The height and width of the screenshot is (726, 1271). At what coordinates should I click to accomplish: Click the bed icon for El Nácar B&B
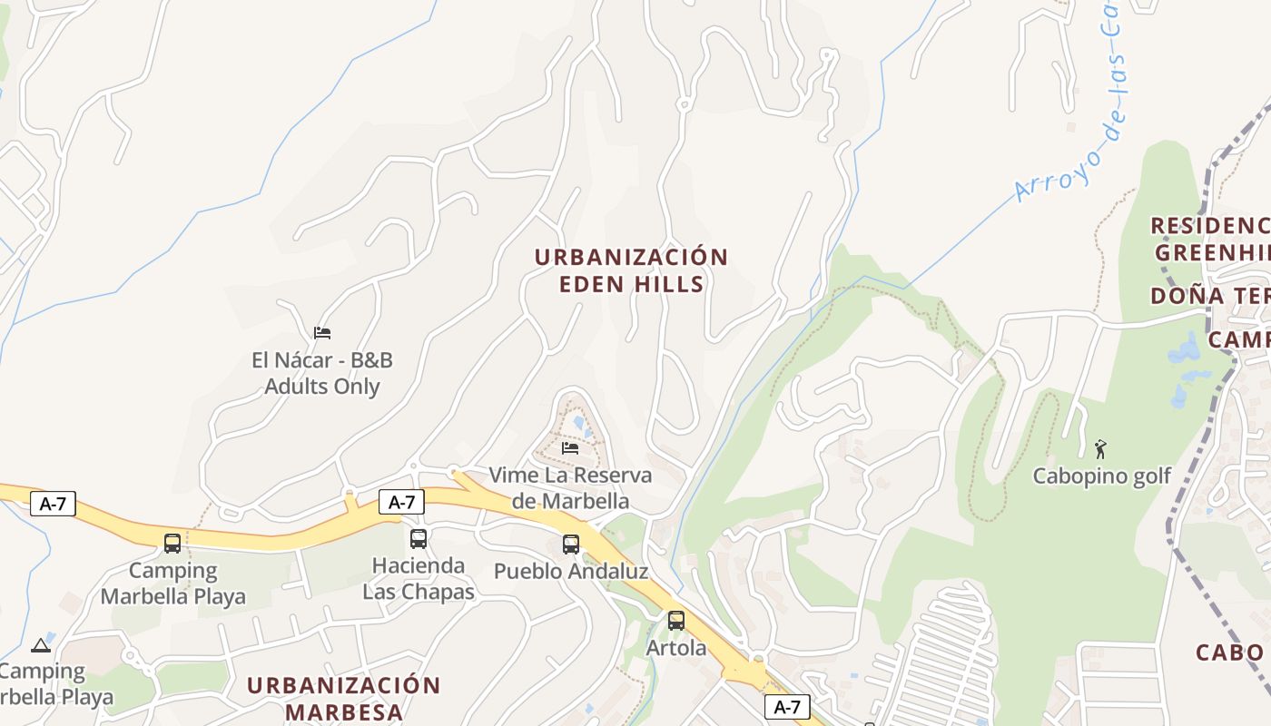322,333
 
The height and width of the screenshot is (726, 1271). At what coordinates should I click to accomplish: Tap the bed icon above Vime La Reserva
570,447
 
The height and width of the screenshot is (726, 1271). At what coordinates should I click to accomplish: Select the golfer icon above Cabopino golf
1101,448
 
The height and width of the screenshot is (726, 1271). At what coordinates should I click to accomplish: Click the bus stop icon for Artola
676,621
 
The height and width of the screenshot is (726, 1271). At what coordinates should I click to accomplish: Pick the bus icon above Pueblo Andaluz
571,544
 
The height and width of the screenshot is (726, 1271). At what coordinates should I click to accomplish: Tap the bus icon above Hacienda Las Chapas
419,539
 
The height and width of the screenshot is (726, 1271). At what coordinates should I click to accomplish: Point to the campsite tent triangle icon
40,645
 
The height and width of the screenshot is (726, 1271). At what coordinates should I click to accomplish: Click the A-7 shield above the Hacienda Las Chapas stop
401,502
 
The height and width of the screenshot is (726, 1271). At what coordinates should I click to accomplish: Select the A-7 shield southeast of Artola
787,707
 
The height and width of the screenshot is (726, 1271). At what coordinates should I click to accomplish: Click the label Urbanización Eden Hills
631,270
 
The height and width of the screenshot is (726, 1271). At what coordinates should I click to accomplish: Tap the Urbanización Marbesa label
343,698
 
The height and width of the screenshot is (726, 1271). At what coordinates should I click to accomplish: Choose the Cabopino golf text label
1102,476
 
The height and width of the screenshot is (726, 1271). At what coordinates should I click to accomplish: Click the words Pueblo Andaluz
571,572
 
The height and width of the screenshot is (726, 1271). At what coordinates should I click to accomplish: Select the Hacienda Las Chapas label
419,579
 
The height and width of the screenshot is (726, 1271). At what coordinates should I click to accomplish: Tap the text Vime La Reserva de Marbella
570,488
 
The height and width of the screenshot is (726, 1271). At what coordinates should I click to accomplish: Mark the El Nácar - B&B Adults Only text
322,373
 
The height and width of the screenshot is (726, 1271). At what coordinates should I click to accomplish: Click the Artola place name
676,648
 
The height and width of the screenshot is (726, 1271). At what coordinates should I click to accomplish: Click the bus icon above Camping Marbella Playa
172,544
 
